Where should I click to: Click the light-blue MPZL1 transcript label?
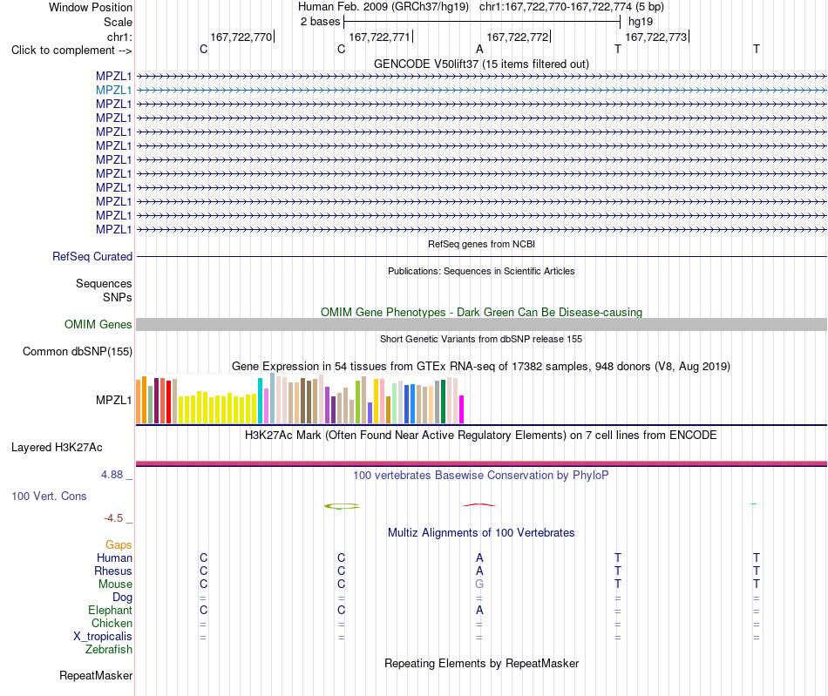pos(113,91)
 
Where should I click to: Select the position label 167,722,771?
pos(379,37)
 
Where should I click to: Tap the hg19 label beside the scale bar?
pos(641,22)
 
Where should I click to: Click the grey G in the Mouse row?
pos(479,585)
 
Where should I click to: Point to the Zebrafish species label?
pos(109,650)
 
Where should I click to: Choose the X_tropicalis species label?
pos(103,637)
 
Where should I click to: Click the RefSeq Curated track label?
pos(92,256)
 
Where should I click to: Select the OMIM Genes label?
pos(98,325)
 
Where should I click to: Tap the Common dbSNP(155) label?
pos(78,351)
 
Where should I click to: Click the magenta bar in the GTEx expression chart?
pos(462,409)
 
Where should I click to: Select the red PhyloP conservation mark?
pos(479,505)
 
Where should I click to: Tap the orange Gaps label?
pos(119,544)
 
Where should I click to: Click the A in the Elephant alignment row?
pos(479,610)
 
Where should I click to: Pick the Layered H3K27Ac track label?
pos(57,448)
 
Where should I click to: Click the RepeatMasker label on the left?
pos(96,675)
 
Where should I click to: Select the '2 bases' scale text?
pos(321,22)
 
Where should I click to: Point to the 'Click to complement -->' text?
pos(71,51)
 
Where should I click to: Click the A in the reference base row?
pos(479,49)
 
